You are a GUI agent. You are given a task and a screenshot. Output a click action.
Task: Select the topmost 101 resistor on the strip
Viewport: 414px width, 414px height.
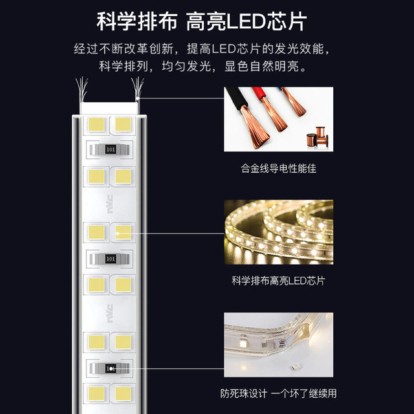(x=110, y=149)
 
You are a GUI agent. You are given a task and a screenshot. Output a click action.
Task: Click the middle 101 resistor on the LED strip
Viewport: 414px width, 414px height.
(x=110, y=258)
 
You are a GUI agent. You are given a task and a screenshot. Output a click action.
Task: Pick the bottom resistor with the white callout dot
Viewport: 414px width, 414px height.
(x=110, y=368)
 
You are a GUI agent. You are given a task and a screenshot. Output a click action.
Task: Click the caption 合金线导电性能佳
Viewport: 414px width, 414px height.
(x=278, y=169)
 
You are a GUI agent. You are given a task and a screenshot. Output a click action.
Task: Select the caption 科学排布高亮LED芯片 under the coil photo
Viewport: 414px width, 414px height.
(x=278, y=281)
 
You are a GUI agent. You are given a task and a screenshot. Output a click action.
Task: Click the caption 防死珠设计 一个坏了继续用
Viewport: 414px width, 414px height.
(x=278, y=393)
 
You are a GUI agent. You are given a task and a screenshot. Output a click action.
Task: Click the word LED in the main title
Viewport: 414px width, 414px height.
(x=247, y=21)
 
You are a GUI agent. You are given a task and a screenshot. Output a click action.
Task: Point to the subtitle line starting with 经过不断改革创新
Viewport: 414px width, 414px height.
(x=207, y=49)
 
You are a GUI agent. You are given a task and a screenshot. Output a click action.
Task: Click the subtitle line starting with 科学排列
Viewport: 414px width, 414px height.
(x=207, y=67)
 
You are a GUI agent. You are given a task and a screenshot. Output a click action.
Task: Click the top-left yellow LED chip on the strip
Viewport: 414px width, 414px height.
(x=95, y=123)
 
